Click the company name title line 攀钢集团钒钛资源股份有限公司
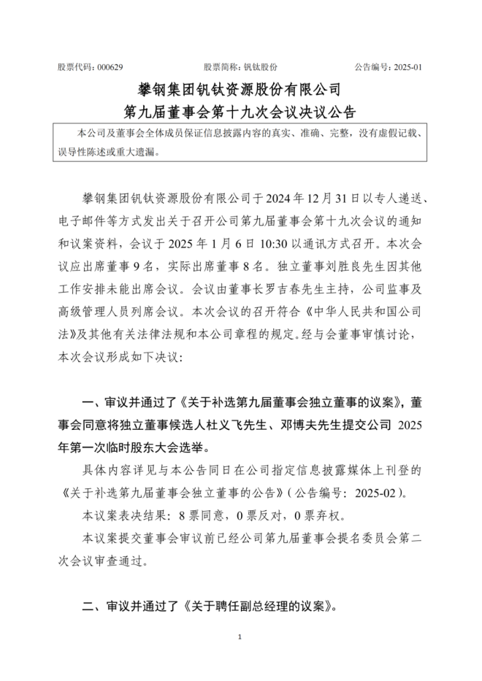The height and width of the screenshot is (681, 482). [240, 90]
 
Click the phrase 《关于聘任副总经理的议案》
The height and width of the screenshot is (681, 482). [261, 605]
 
